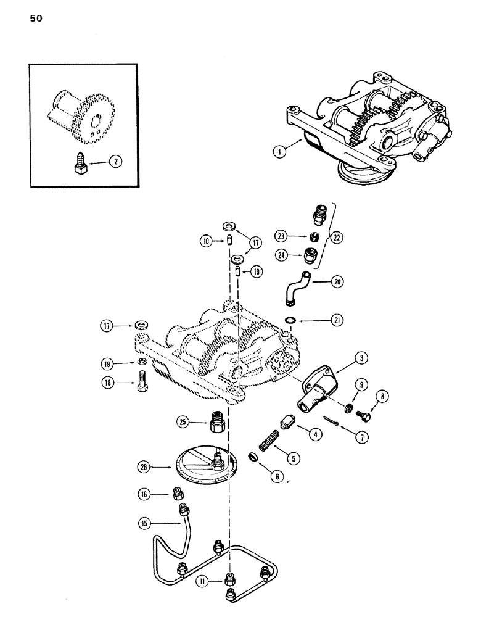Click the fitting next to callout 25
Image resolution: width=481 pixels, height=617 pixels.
216,422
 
